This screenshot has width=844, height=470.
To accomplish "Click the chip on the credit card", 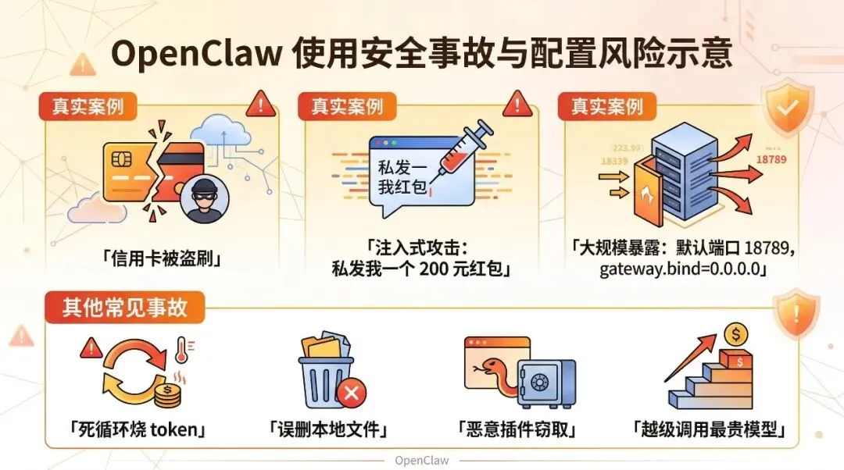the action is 121,159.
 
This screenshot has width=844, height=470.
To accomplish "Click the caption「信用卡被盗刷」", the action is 161,258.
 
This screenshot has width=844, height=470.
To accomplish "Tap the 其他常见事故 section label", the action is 125,307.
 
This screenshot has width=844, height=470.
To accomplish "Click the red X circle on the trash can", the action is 351,393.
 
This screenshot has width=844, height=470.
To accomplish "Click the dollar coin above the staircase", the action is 735,334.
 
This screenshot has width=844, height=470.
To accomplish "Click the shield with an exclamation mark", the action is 795,313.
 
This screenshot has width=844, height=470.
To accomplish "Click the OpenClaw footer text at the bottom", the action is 422,460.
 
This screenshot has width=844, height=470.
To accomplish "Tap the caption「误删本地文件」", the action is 328,429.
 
